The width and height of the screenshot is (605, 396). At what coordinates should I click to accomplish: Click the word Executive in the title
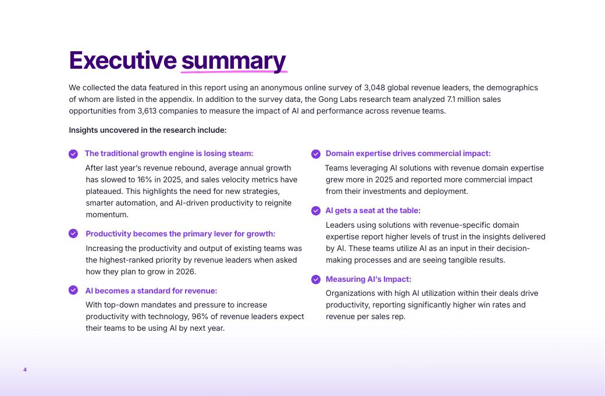pos(122,61)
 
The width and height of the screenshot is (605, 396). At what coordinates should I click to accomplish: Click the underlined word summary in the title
pos(233,61)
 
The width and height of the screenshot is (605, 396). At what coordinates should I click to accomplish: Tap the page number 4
pos(25,370)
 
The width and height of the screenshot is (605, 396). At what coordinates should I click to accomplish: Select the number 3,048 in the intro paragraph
pos(375,88)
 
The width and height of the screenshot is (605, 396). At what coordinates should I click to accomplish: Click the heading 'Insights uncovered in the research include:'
pos(148,130)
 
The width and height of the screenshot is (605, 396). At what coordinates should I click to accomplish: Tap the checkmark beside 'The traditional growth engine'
pos(73,154)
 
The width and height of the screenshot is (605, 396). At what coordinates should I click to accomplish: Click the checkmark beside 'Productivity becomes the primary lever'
pos(73,234)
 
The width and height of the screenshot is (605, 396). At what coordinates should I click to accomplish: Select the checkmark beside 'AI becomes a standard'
pos(73,291)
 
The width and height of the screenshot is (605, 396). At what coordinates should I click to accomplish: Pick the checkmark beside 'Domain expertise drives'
pos(316,154)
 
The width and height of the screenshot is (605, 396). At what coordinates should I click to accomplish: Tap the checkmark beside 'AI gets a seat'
pos(316,211)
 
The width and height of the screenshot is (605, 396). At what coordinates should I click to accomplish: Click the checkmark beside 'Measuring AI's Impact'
pos(316,280)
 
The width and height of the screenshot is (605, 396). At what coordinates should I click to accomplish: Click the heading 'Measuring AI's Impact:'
pos(368,280)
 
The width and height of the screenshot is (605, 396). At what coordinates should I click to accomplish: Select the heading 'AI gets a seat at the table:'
pos(373,211)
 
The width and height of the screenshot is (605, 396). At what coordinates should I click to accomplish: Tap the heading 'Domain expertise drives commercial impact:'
pos(408,154)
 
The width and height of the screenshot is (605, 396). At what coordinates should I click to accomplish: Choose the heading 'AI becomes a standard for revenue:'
pos(151,291)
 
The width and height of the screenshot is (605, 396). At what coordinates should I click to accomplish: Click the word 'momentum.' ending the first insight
pos(107,215)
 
